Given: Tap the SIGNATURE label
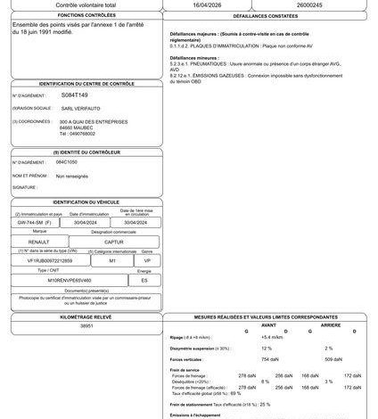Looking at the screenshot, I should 25,188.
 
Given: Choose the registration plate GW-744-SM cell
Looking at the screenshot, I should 40,221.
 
